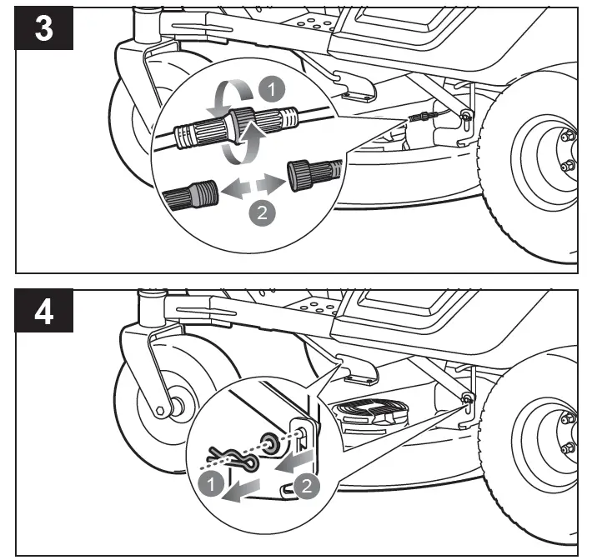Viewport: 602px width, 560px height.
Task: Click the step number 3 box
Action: [44, 29]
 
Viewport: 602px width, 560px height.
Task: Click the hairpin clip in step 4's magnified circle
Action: [228, 456]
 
